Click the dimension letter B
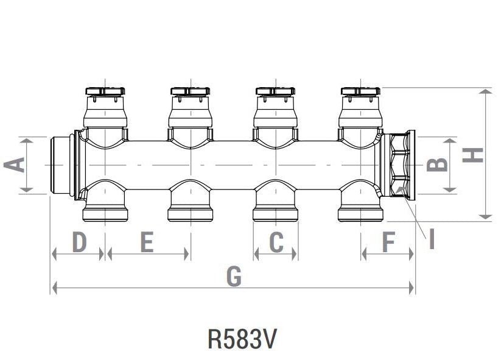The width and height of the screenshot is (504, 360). click(x=438, y=164)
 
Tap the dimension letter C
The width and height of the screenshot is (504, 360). click(x=276, y=242)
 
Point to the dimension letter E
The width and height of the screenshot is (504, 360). click(x=147, y=242)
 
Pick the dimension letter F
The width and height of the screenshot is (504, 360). click(x=388, y=242)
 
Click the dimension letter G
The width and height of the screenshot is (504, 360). click(x=234, y=277)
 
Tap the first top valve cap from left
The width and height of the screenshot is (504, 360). click(x=106, y=93)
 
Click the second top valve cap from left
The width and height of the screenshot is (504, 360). click(x=191, y=93)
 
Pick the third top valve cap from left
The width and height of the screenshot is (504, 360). click(x=276, y=93)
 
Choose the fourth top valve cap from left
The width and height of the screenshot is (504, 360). click(x=362, y=93)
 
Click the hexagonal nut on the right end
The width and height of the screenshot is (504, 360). click(x=400, y=164)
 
